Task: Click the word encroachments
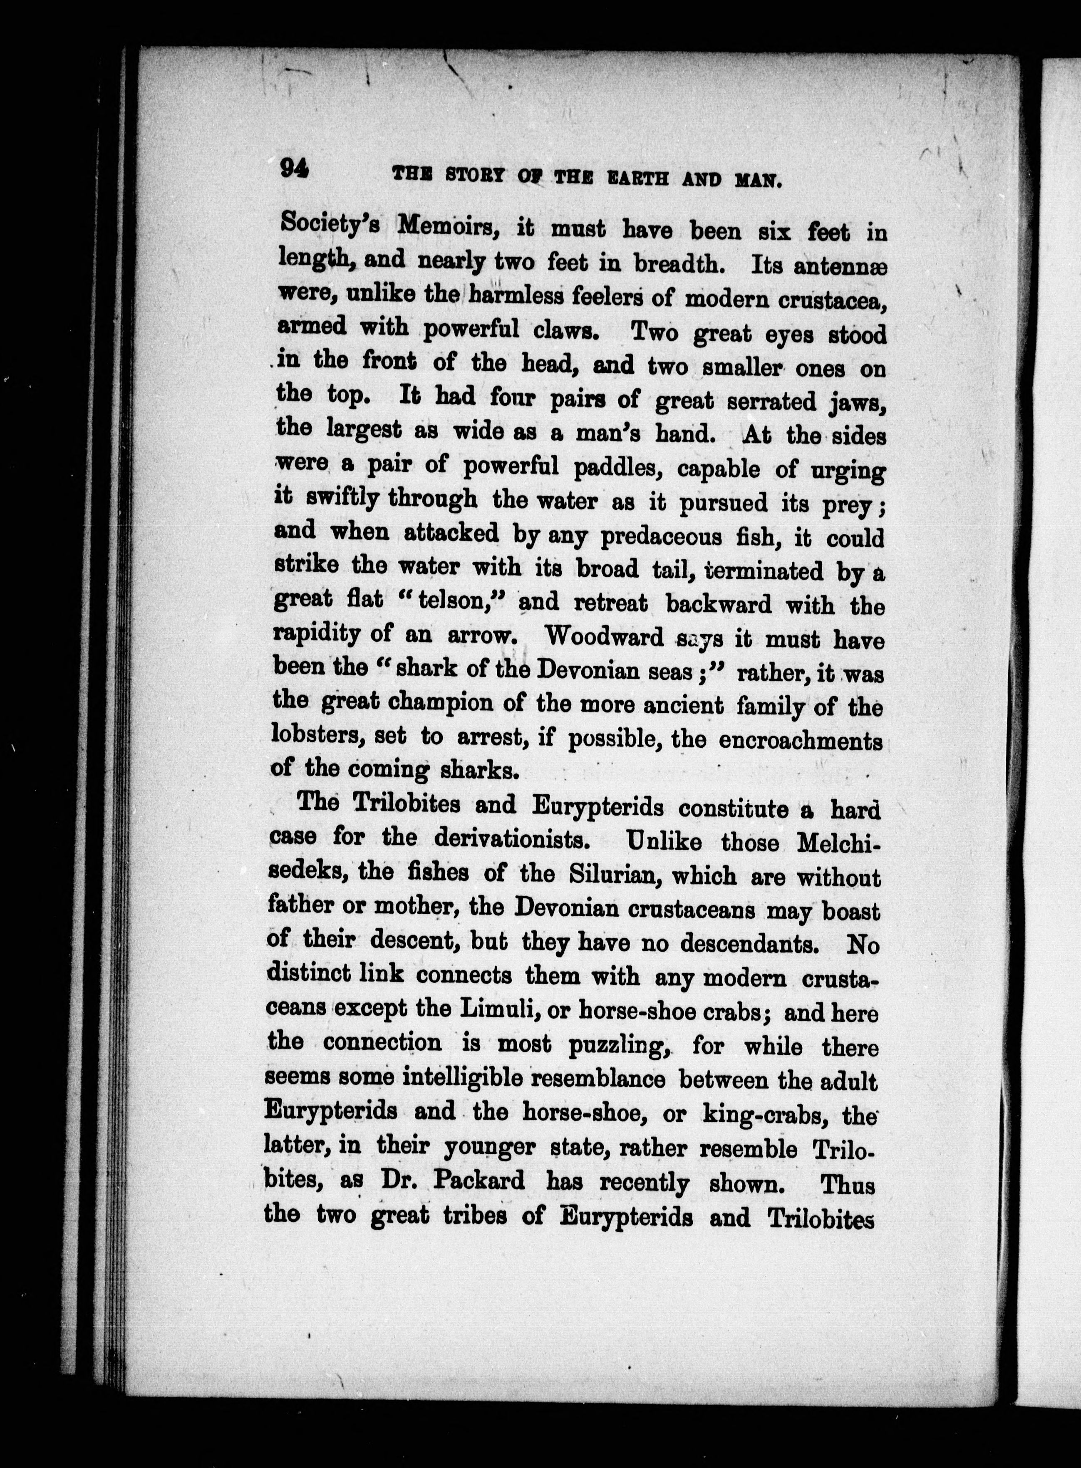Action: point(801,740)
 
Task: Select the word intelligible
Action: point(461,1077)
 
